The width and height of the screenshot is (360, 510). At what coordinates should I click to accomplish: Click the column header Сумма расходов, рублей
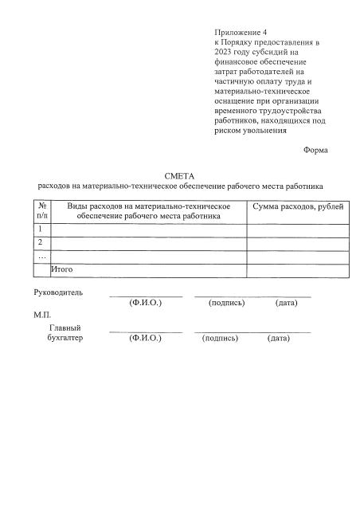pos(297,206)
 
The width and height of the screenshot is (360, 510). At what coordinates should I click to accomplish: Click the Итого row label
pos(62,269)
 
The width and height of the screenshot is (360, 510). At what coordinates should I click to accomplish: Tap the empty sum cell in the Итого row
pos(297,270)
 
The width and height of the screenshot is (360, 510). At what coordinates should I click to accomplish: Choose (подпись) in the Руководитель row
pos(226,304)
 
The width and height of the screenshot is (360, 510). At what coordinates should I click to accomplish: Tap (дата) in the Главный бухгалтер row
pos(279,338)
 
